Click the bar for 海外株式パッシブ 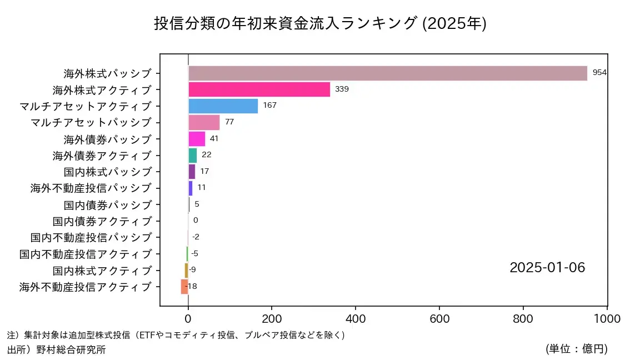[x=387, y=73]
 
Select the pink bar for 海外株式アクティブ [x=259, y=89]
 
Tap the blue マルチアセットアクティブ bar [x=223, y=106]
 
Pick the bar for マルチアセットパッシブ [x=204, y=122]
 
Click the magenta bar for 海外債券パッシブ [x=197, y=139]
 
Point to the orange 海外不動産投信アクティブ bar [x=184, y=287]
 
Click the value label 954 [x=599, y=73]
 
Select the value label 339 [x=342, y=89]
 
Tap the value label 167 [x=269, y=106]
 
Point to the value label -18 [x=191, y=287]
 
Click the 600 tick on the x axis [x=439, y=319]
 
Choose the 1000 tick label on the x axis [x=607, y=319]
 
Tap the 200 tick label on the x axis [x=272, y=319]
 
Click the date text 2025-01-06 [x=547, y=268]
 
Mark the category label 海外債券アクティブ [x=102, y=155]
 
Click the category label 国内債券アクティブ [x=102, y=221]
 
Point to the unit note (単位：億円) [x=576, y=349]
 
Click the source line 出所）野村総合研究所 [x=56, y=350]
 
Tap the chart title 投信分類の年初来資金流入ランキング [x=284, y=23]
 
